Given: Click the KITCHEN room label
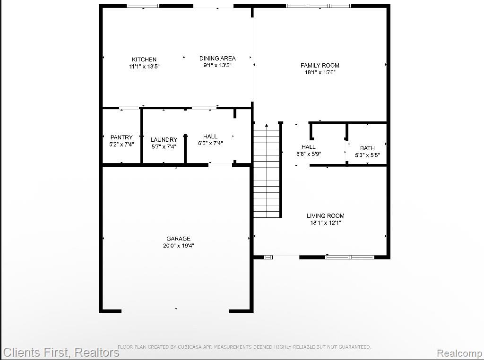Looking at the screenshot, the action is [x=144, y=59].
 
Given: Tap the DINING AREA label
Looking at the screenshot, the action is [x=217, y=58].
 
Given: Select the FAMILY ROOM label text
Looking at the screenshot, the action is [x=320, y=65].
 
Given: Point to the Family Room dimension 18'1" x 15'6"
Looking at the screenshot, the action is [x=320, y=72].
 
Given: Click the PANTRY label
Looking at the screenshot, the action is [x=121, y=137].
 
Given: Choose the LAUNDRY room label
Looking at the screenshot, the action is [x=164, y=140].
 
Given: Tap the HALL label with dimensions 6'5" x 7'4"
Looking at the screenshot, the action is [x=210, y=137].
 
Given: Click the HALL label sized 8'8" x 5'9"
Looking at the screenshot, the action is [x=308, y=147].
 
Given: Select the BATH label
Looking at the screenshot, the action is [x=367, y=148].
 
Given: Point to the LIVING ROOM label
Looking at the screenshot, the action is [x=325, y=216].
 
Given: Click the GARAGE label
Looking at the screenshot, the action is [x=178, y=239].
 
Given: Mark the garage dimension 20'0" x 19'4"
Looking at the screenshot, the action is [x=178, y=246].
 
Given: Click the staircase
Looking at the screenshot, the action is [x=267, y=171].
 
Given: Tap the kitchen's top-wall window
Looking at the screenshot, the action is [x=143, y=6].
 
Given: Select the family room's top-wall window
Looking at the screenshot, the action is [x=319, y=6].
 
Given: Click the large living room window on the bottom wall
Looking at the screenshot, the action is [x=350, y=257].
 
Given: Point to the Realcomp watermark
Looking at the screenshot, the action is [x=459, y=353].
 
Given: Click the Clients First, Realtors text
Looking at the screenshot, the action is [x=61, y=352].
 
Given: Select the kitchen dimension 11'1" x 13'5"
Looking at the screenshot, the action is [x=144, y=66].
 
